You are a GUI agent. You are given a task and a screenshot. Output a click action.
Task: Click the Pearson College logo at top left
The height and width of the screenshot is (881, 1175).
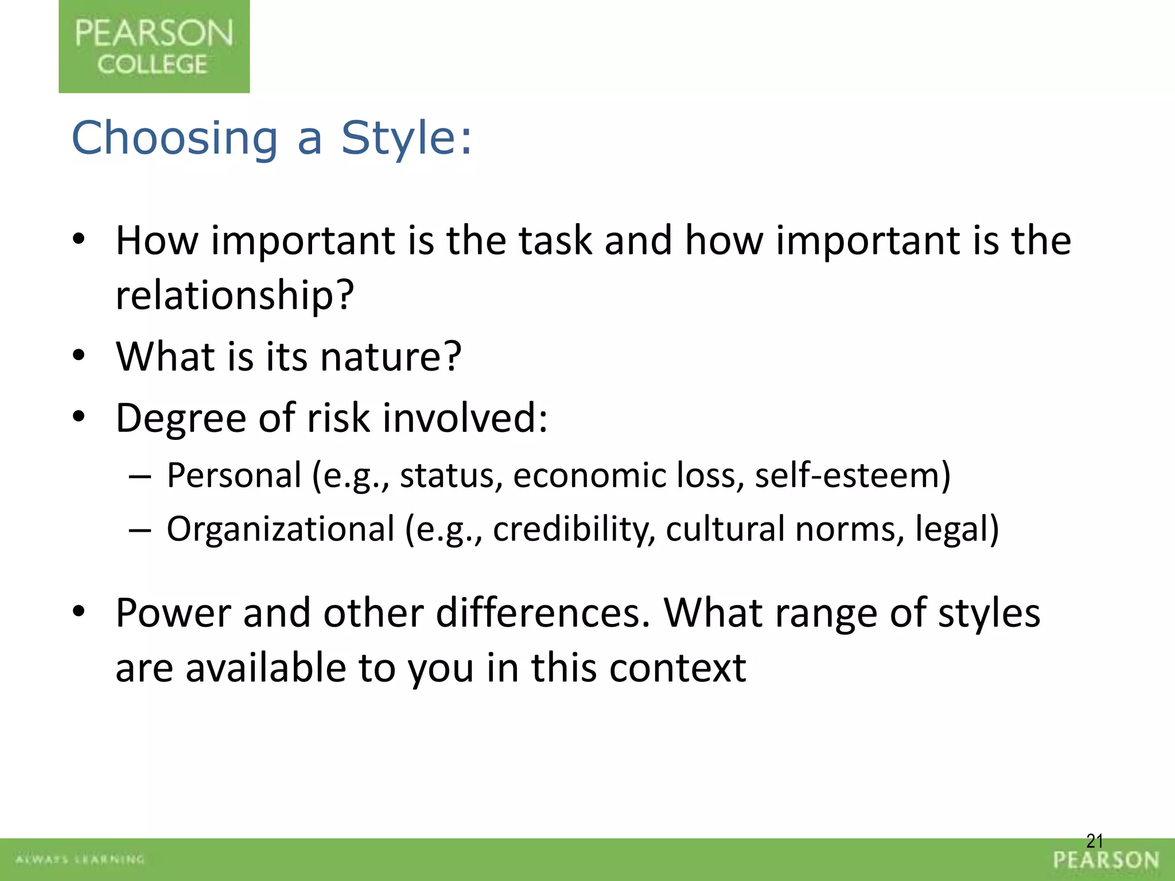154,46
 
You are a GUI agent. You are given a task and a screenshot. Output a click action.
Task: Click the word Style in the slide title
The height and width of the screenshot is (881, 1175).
406,138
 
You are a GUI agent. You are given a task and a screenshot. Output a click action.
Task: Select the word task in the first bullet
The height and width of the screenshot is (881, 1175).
555,240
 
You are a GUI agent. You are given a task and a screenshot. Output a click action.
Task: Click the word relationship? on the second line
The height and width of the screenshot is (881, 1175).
235,295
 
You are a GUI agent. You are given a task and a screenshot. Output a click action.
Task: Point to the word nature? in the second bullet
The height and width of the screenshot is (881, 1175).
390,357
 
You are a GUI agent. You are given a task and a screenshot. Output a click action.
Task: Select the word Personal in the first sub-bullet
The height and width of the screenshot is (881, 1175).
234,476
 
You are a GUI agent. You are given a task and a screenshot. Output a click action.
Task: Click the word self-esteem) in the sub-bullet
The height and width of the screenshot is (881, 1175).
853,476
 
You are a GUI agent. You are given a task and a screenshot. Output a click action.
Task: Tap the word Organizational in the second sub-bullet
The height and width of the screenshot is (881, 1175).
281,529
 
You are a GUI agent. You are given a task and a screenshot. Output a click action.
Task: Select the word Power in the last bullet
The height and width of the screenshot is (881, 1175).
173,613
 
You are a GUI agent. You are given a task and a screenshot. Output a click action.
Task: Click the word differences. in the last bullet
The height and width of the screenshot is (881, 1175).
543,613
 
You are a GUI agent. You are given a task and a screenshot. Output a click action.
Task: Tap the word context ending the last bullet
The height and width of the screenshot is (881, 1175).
677,668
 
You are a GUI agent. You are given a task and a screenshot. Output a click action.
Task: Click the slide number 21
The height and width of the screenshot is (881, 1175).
1095,841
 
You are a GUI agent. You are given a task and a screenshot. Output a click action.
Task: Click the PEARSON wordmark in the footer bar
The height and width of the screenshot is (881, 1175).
1106,860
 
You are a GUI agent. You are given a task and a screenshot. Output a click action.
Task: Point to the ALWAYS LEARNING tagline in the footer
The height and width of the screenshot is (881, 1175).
80,859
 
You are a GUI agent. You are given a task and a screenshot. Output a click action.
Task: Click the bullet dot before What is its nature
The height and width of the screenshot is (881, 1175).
79,356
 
